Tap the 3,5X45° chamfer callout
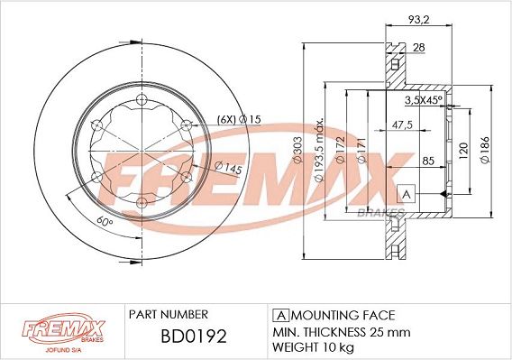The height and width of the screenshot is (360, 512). [x=423, y=100]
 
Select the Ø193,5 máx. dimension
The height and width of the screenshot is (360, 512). [x=318, y=153]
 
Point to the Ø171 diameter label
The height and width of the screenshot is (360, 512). [x=361, y=150]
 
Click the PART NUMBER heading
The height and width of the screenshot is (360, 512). [x=169, y=314]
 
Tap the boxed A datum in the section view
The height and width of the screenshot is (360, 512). [x=407, y=195]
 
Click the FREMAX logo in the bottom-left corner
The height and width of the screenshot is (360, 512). [x=57, y=328]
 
